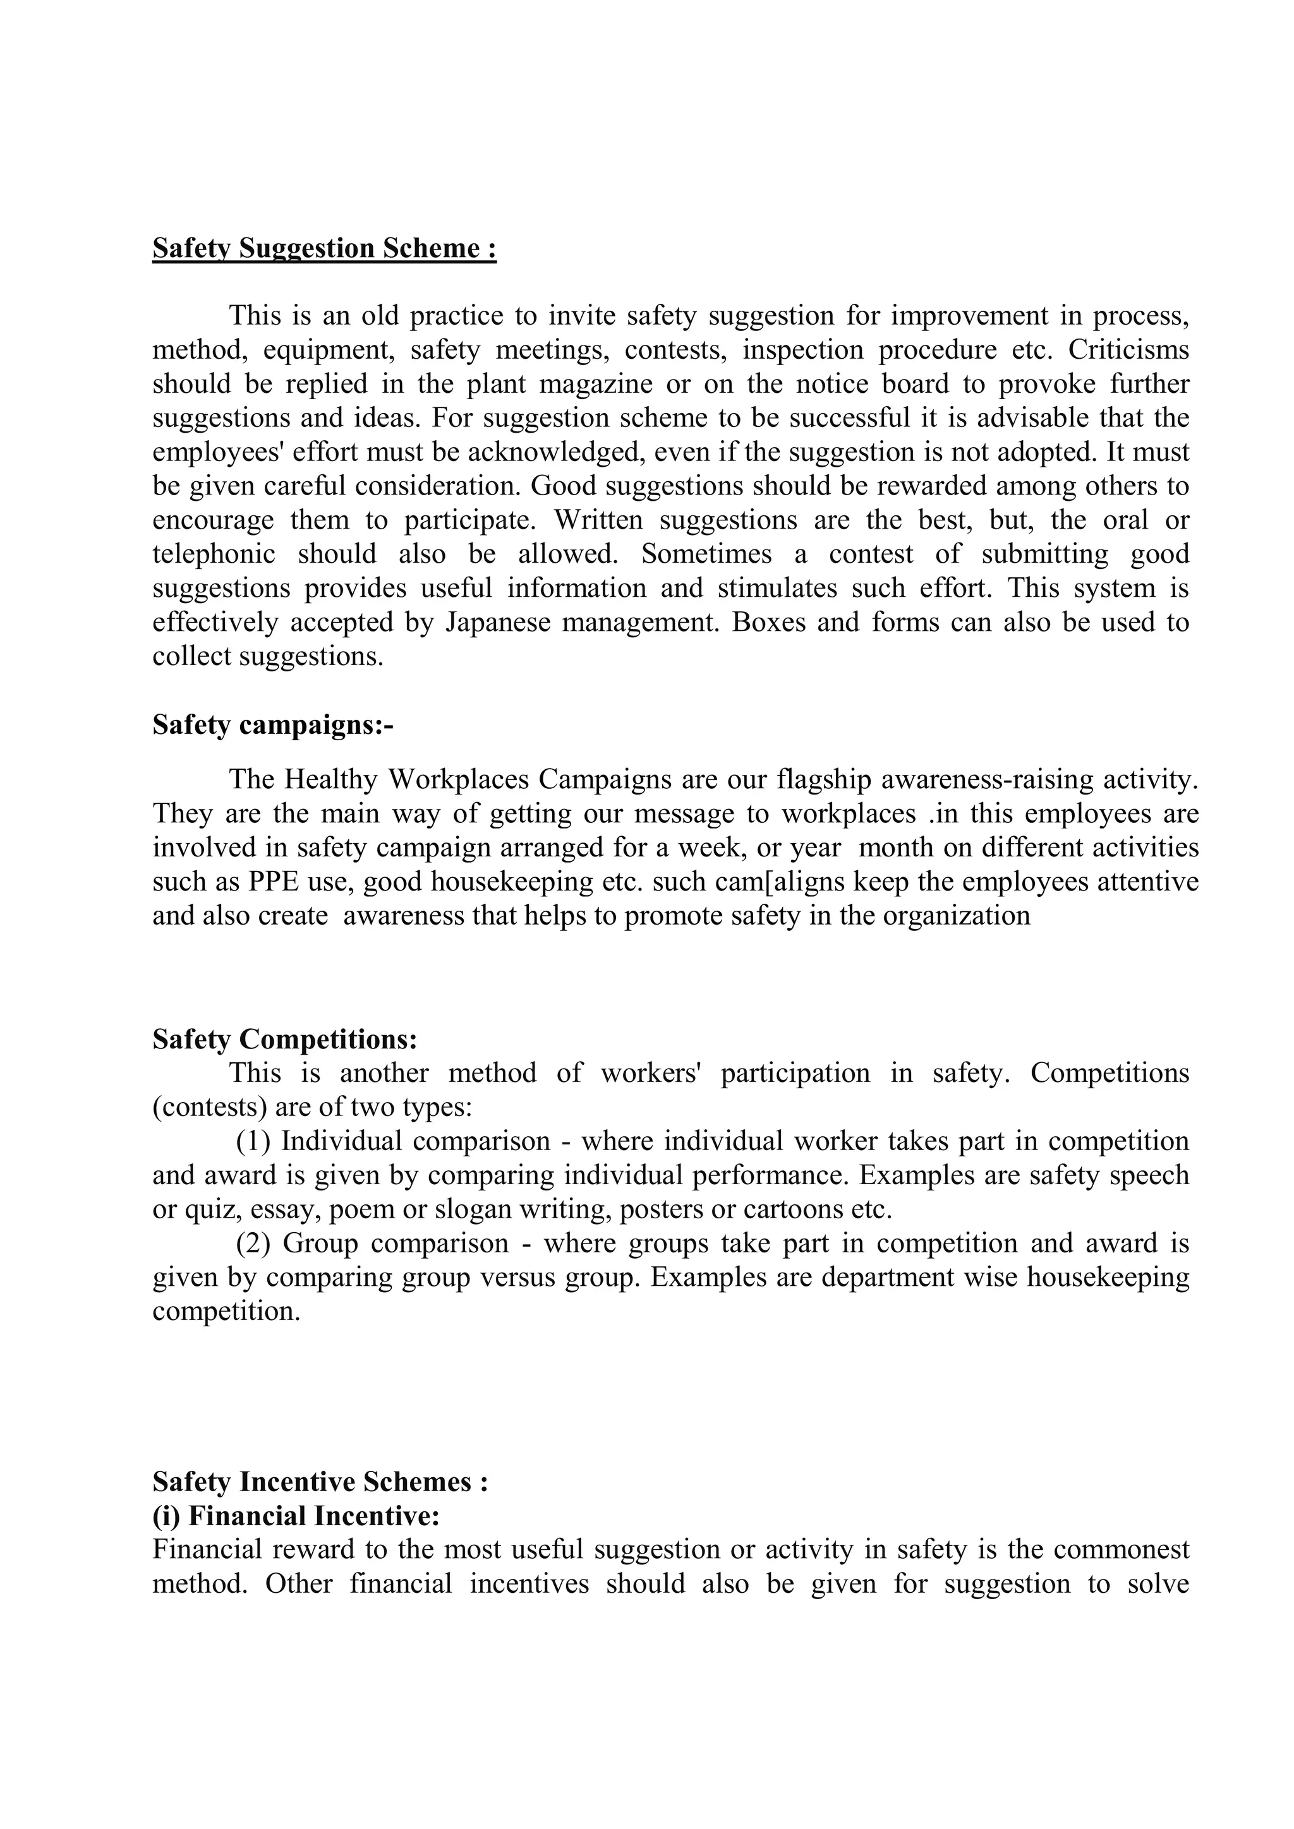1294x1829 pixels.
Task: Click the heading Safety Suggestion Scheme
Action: coord(324,249)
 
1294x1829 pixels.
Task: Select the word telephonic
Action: coord(214,554)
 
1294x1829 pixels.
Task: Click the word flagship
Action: coord(825,779)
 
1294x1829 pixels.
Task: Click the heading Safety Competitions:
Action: coord(284,1040)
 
